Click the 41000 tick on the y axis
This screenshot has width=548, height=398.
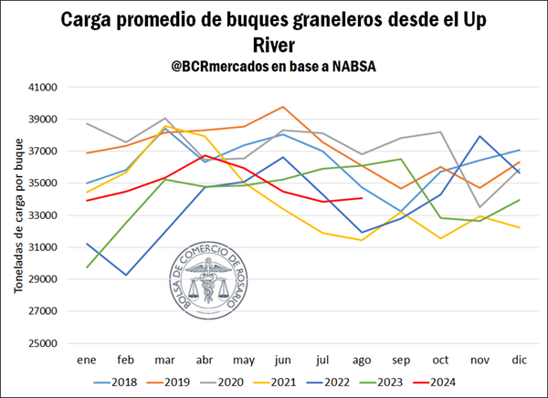[x=43, y=88]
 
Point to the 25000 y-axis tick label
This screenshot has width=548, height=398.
[x=43, y=343]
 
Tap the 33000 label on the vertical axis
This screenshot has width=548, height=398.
[x=43, y=215]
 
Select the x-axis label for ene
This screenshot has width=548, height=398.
[x=87, y=360]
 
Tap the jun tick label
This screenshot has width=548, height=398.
[x=284, y=360]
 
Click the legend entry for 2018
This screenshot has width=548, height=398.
[x=117, y=382]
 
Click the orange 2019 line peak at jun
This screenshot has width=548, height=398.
[x=284, y=107]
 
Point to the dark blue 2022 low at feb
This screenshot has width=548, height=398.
[x=126, y=275]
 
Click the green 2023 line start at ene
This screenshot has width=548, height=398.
[x=87, y=267]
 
